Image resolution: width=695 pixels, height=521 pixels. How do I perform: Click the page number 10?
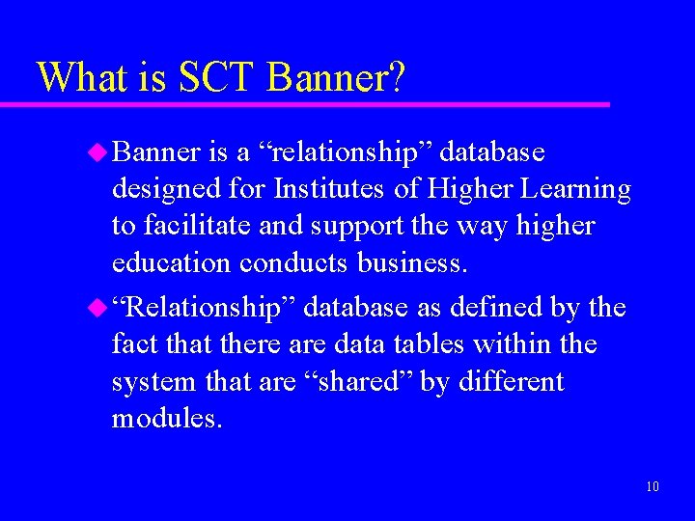(653, 486)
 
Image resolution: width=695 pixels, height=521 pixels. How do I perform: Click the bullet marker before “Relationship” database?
(97, 308)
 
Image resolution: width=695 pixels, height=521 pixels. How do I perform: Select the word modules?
(167, 419)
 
